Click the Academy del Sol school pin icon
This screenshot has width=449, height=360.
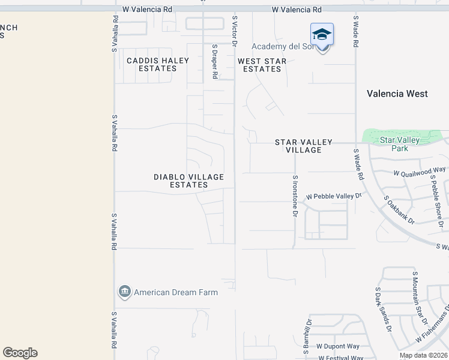coord(322,34)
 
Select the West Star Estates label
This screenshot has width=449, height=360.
coord(262,65)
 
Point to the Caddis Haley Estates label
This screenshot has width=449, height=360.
coord(158,64)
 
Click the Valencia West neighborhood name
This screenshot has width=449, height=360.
coord(397,94)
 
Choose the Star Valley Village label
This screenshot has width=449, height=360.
coord(304,146)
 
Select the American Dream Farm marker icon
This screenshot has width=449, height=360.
coord(125,292)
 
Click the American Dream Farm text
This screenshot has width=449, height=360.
coord(175,292)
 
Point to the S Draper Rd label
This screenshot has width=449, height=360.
coord(214,61)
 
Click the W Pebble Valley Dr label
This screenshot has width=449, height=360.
coord(334,196)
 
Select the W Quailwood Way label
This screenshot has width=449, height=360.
coord(420,172)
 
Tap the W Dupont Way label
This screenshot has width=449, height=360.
coord(338,346)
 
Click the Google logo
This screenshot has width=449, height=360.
coord(20,353)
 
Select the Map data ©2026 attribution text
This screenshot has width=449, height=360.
coord(423,355)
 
